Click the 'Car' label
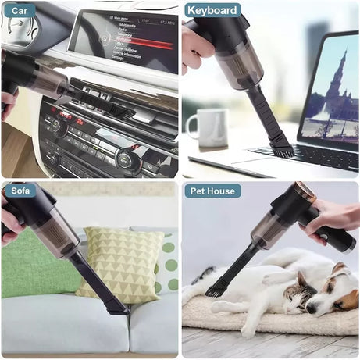(19, 10)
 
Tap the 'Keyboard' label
(212, 10)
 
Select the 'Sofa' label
(21, 191)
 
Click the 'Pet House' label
(212, 191)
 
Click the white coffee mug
(207, 128)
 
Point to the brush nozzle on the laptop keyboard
(280, 146)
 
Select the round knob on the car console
(125, 161)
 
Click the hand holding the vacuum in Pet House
(332, 219)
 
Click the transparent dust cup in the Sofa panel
(54, 235)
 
